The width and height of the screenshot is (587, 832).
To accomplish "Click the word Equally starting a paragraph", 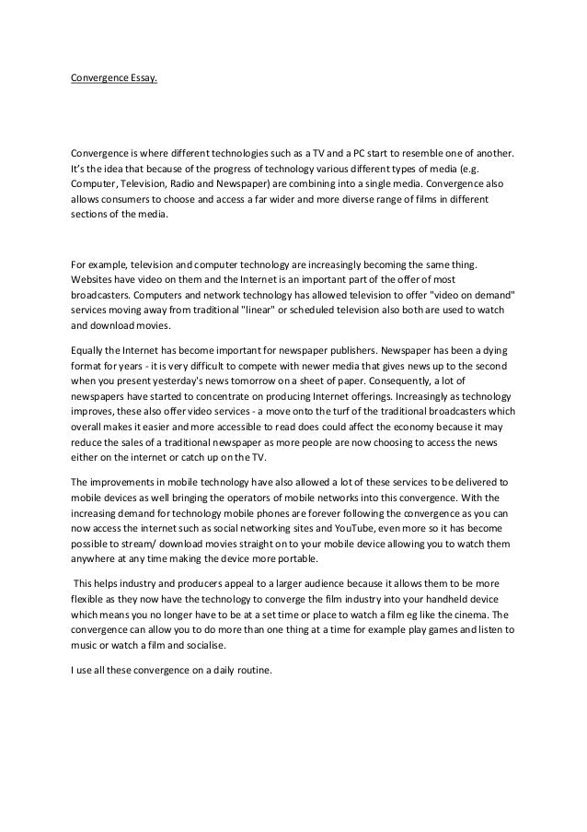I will (x=92, y=351).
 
